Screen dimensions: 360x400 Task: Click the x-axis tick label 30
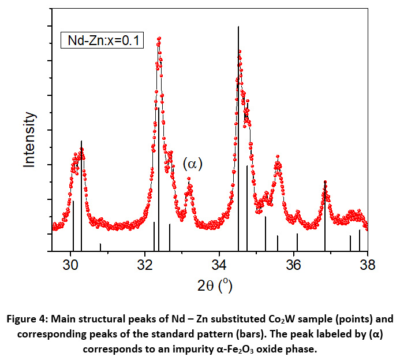[71, 265]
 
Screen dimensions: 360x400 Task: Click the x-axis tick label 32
[145, 265]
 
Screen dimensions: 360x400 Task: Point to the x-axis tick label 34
[219, 265]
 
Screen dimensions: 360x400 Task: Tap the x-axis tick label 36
[293, 265]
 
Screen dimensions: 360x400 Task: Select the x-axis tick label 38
[367, 265]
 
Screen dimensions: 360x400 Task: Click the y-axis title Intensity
[30, 140]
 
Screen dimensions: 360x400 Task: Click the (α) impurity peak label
[193, 164]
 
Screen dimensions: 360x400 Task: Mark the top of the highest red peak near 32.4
[159, 38]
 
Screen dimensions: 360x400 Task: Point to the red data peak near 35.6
[278, 157]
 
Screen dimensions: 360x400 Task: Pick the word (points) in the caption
[337, 320]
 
